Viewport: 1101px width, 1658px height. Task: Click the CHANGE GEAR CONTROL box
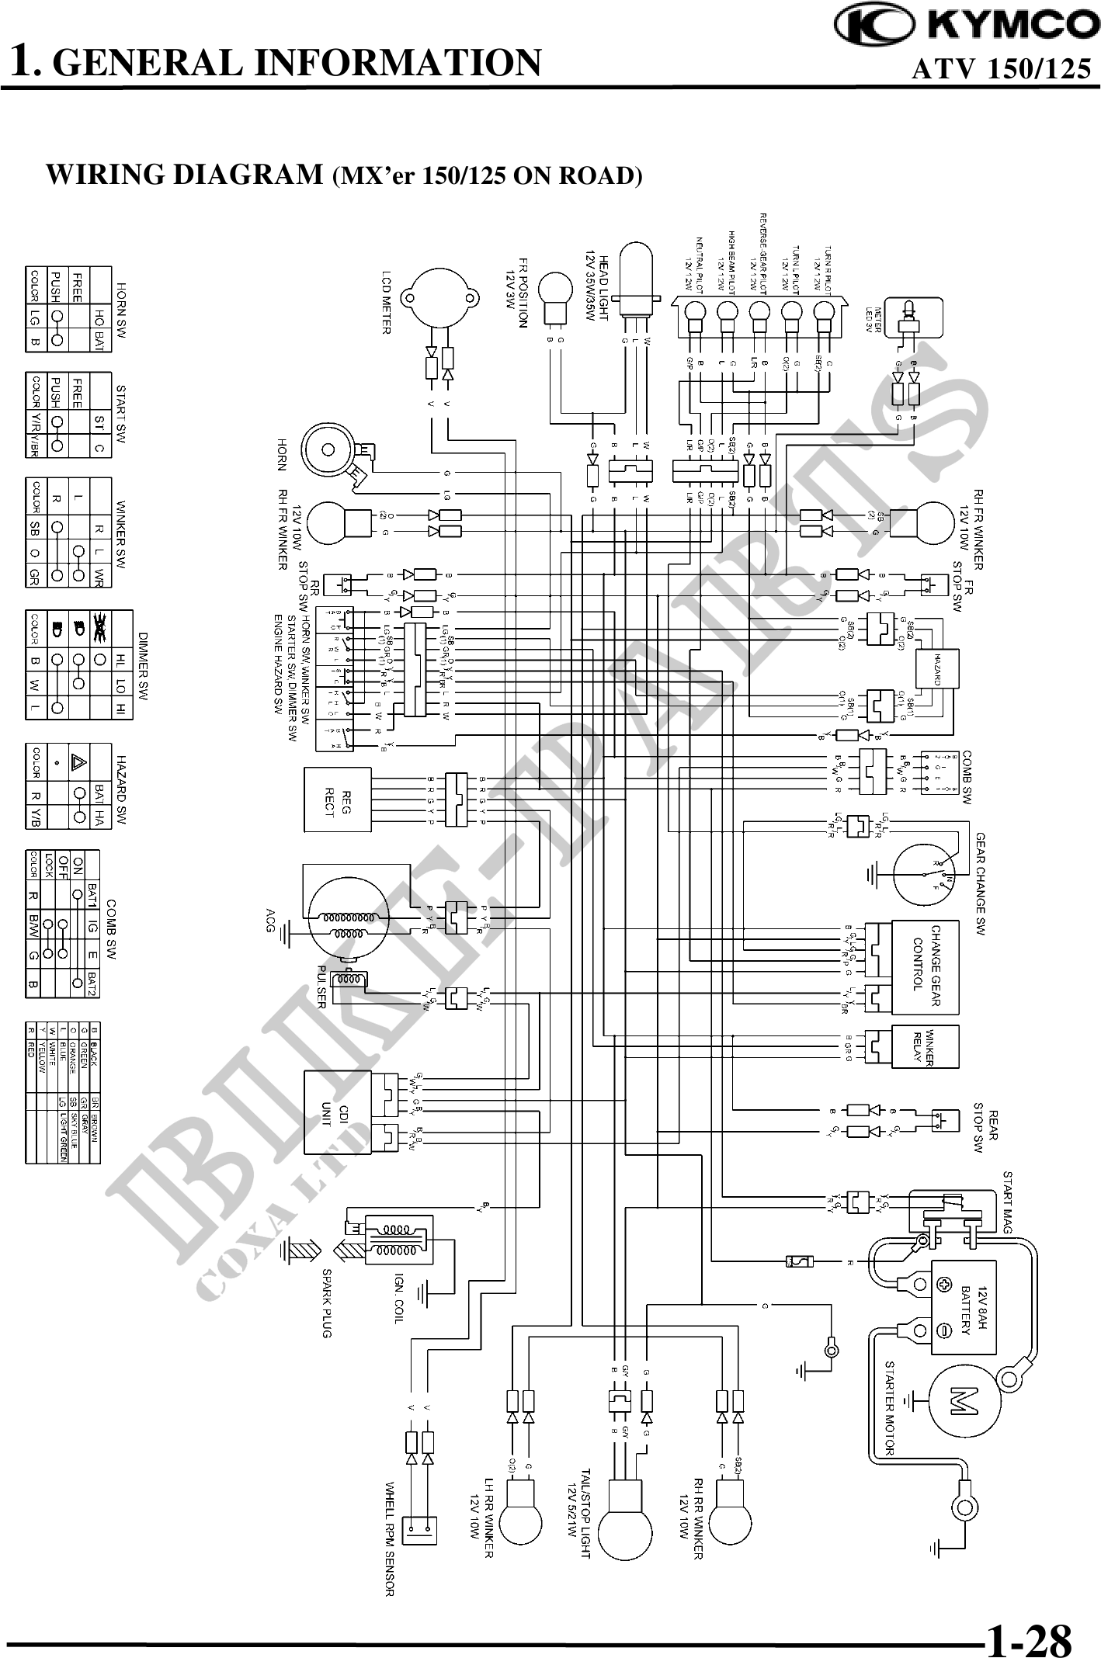click(926, 967)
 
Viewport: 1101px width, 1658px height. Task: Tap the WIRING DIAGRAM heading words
click(184, 175)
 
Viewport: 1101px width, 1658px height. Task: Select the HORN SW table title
click(121, 308)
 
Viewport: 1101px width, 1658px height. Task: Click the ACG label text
click(271, 920)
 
